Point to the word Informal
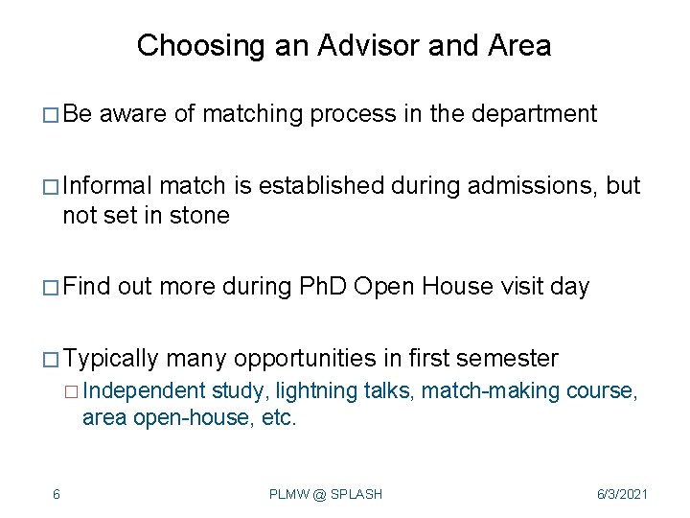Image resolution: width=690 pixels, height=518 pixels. click(x=107, y=185)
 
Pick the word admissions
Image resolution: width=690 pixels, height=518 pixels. click(x=532, y=185)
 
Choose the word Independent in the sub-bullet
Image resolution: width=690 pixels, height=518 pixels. click(x=144, y=390)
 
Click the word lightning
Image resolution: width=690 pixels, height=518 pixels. click(x=310, y=390)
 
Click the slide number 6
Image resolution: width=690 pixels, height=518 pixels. click(x=57, y=494)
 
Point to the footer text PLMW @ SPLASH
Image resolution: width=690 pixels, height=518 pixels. click(x=326, y=494)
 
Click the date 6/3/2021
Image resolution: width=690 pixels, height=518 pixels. click(x=621, y=494)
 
